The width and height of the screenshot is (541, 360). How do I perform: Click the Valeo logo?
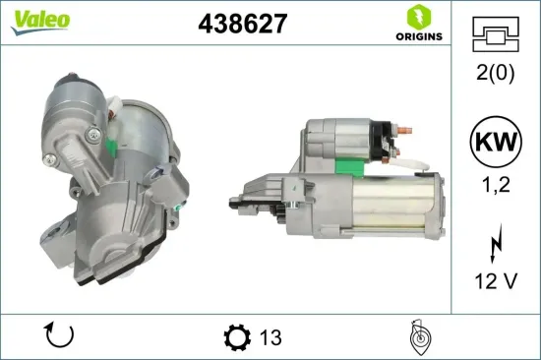(x=40, y=21)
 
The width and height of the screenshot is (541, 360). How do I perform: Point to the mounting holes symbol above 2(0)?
(x=495, y=36)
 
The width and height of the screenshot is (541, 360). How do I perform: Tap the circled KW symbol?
(x=495, y=140)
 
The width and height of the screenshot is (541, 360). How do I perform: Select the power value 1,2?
(x=495, y=183)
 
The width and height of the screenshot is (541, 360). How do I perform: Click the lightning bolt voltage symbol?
(x=495, y=241)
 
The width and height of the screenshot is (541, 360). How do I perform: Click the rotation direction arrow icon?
(x=60, y=336)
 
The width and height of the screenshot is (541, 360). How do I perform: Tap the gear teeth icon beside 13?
(x=235, y=337)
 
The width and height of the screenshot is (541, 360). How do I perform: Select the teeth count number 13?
(x=270, y=337)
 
